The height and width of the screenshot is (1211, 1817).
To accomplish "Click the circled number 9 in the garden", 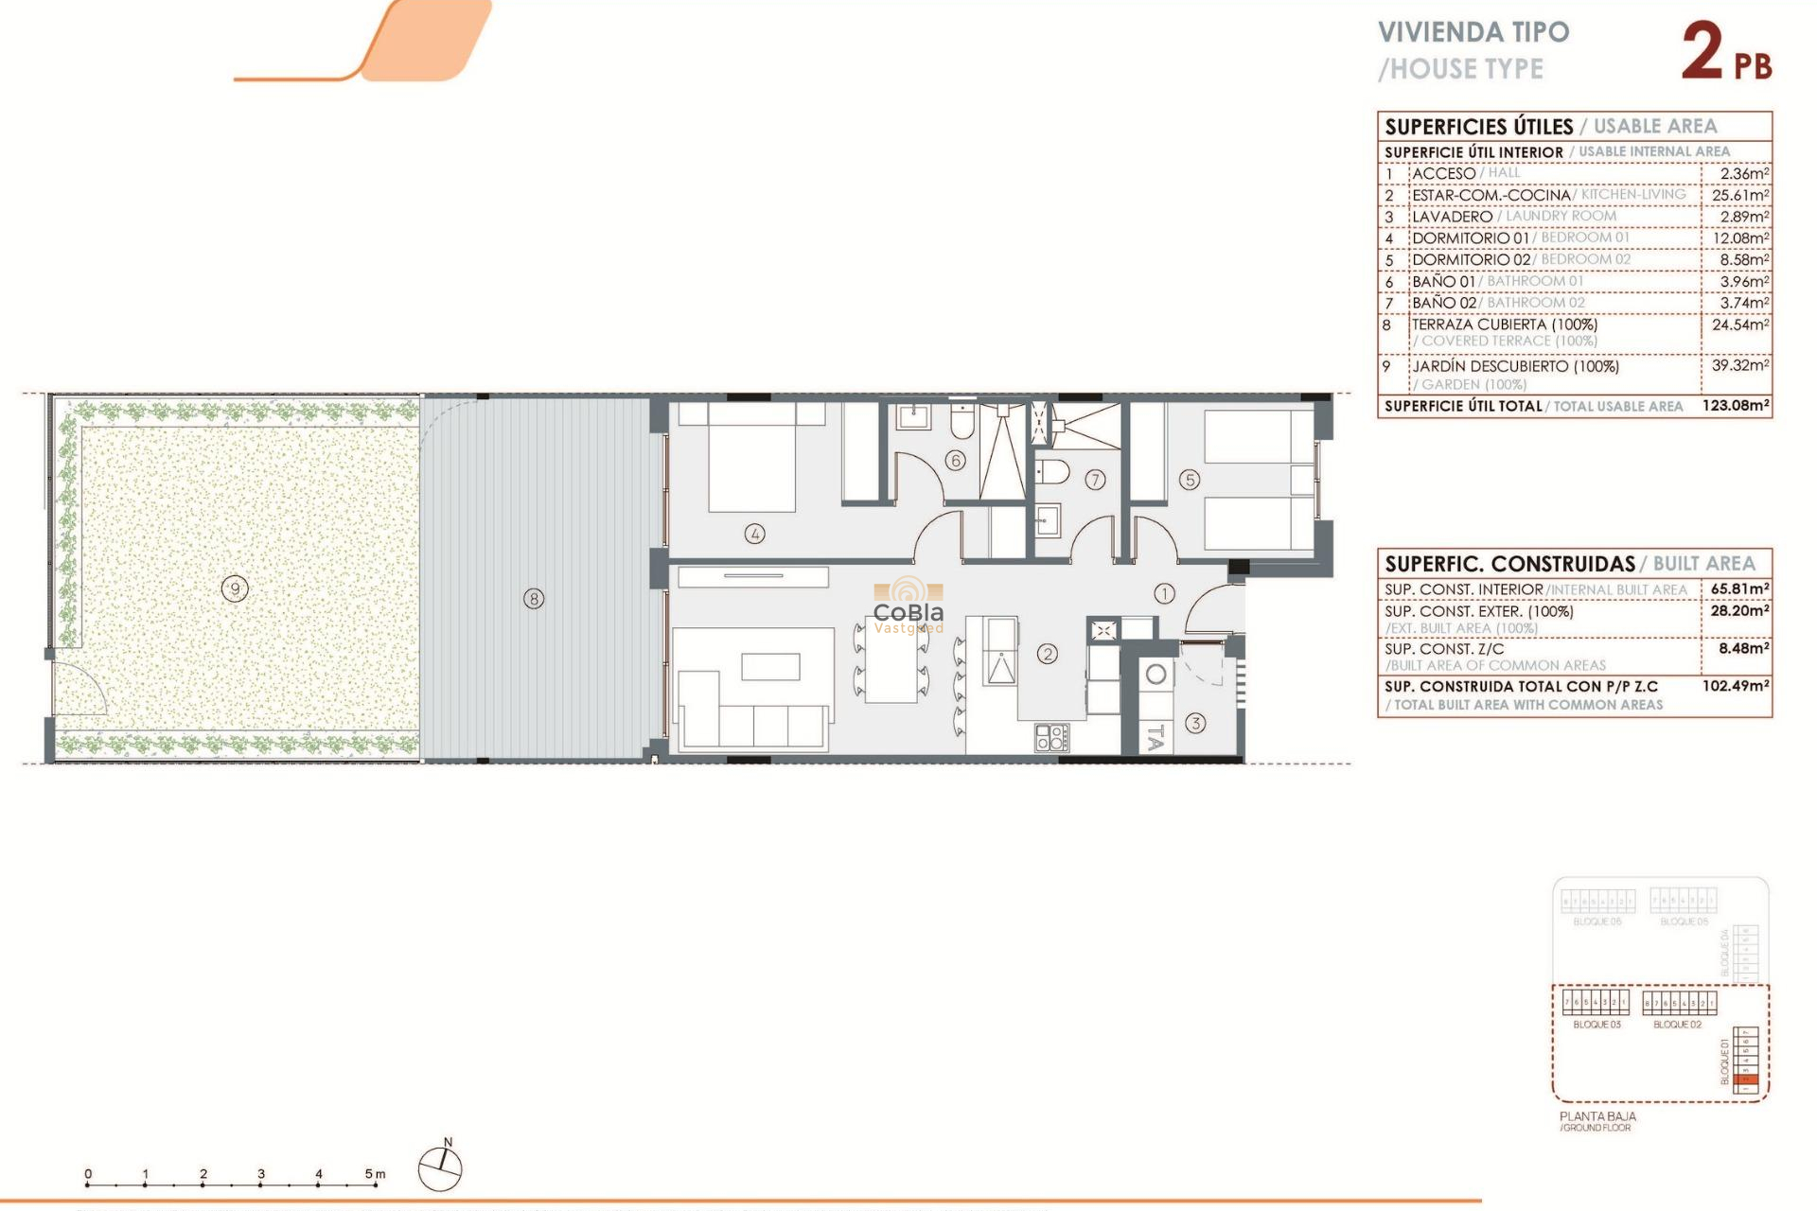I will (x=235, y=589).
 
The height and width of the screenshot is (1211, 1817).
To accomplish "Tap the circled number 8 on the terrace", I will (x=534, y=599).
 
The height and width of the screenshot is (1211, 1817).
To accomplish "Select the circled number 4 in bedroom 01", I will (x=754, y=534).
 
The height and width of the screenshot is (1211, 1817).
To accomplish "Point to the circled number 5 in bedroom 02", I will (x=1190, y=480).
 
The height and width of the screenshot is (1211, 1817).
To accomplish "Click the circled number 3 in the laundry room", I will (x=1195, y=724).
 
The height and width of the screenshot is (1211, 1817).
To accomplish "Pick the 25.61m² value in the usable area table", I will (x=1739, y=195).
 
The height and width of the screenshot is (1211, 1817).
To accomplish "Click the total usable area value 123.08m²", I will (x=1735, y=405).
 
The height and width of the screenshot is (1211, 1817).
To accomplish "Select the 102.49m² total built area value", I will (x=1735, y=686).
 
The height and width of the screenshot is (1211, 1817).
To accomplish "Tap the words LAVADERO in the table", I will (x=1452, y=217).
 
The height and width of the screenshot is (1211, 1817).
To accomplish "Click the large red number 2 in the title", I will (x=1702, y=53).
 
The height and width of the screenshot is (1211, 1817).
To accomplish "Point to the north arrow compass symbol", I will (x=440, y=1168).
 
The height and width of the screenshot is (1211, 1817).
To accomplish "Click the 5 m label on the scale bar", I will (x=375, y=1174).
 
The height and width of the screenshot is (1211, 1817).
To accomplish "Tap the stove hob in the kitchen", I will (x=1051, y=738).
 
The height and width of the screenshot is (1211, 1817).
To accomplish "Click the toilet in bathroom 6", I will (x=961, y=423).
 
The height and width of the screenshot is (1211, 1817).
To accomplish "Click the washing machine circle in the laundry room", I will (x=1155, y=676).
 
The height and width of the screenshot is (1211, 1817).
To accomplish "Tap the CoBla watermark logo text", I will (x=908, y=612).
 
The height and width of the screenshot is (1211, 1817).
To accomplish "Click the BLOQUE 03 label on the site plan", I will (x=1596, y=1025).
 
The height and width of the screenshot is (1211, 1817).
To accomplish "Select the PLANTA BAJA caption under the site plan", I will (x=1597, y=1116).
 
